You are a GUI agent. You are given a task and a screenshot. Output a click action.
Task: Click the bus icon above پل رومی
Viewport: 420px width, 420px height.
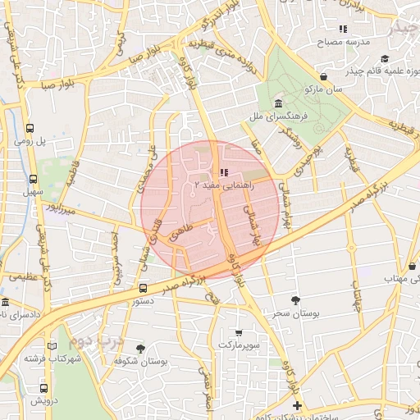click(30, 129)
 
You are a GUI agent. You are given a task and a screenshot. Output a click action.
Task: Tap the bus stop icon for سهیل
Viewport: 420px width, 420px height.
click(34, 180)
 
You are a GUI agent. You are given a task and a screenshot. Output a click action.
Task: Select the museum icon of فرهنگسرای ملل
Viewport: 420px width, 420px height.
click(279, 105)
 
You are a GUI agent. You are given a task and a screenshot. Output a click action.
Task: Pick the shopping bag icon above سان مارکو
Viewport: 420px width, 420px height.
click(324, 76)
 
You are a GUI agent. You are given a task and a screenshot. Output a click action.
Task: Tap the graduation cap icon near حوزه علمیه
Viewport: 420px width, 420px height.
click(385, 58)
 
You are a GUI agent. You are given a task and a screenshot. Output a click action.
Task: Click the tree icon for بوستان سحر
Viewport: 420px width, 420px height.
click(294, 300)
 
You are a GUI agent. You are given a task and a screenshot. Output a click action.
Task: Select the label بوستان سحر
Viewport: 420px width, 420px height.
click(297, 314)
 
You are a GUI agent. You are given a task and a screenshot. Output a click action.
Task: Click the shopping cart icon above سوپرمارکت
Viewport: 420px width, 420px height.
click(239, 333)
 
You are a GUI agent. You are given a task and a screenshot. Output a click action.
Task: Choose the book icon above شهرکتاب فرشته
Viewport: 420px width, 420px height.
click(52, 346)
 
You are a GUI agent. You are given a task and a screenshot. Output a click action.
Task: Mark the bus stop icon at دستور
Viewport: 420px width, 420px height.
click(144, 288)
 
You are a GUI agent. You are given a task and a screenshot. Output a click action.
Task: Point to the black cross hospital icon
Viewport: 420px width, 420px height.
click(297, 406)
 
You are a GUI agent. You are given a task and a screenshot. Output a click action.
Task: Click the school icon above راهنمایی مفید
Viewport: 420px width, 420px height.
click(223, 172)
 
